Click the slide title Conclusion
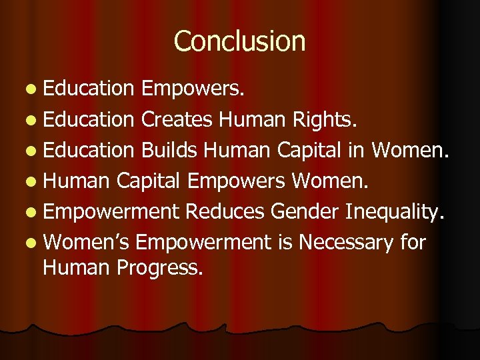(239, 41)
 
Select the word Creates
(177, 120)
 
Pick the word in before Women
(355, 151)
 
